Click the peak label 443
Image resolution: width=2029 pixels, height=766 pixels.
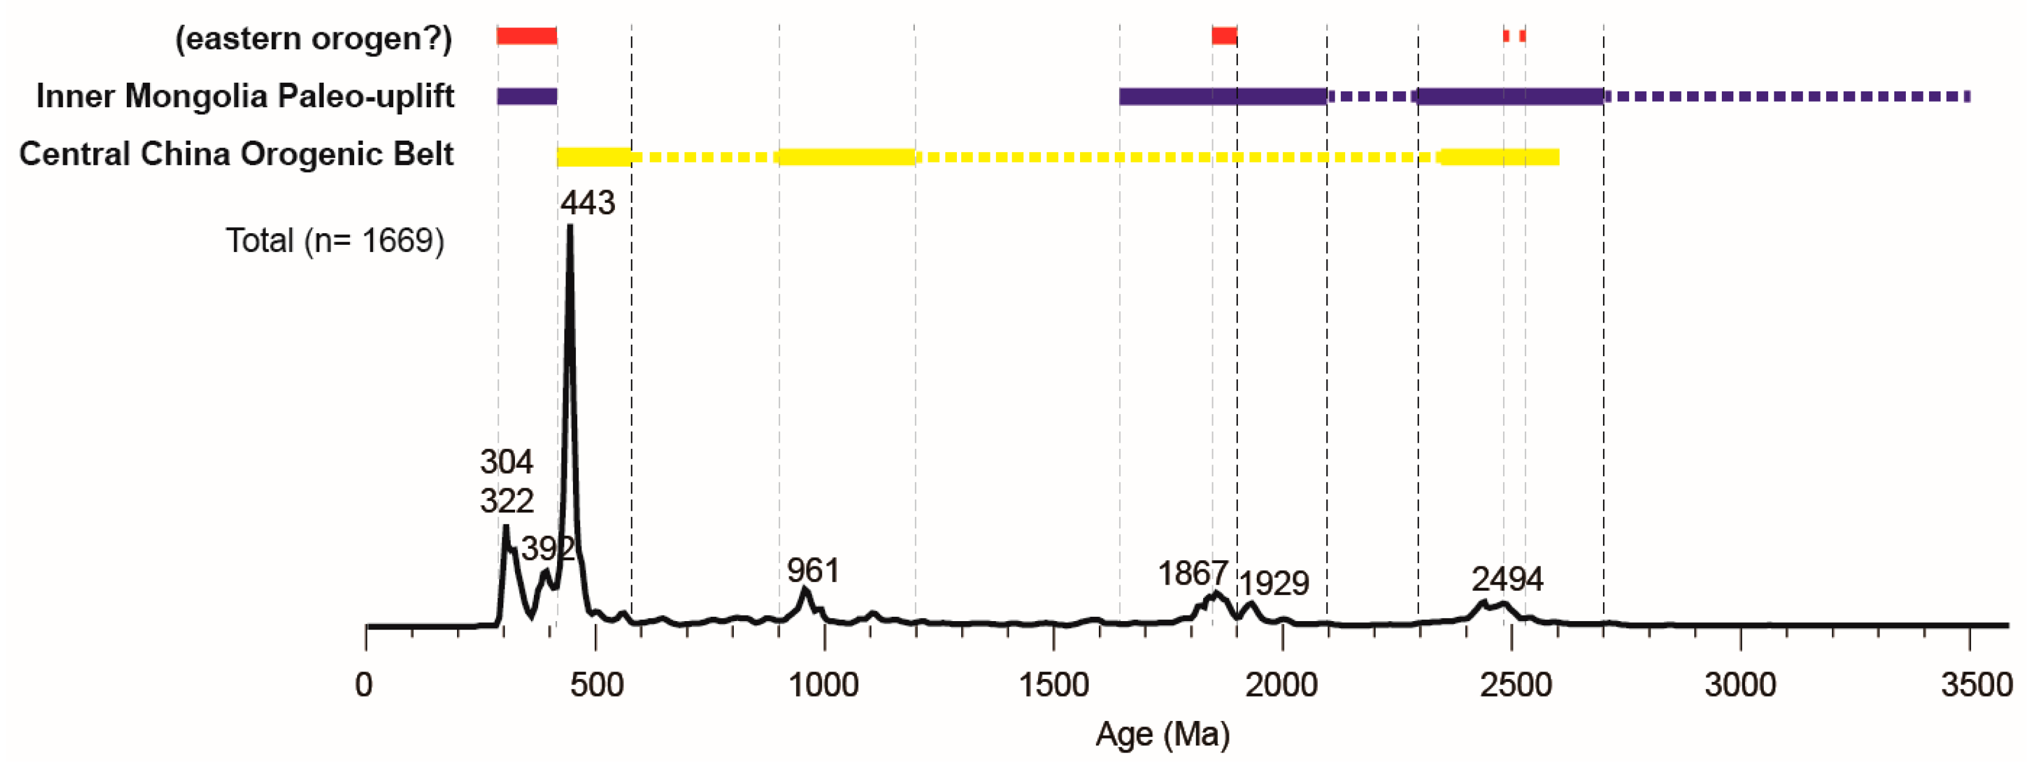pos(588,203)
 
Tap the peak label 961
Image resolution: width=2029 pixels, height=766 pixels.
pos(813,571)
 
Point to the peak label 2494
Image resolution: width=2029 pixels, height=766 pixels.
pos(1507,580)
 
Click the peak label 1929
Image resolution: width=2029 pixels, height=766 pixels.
pos(1274,583)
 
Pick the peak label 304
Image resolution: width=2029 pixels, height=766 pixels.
pos(506,462)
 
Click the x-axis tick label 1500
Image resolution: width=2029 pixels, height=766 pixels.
pos(1054,685)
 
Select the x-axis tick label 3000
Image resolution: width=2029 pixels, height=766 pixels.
pos(1740,685)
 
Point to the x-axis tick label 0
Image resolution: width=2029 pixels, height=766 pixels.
pos(364,685)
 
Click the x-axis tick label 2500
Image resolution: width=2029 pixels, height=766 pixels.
pos(1515,685)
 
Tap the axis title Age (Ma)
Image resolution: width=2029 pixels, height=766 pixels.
pos(1162,734)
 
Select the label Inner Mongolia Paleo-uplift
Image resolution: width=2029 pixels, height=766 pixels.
pos(245,96)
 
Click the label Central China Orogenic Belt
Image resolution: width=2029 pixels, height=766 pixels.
pos(236,154)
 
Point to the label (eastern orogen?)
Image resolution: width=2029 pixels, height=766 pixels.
pos(313,38)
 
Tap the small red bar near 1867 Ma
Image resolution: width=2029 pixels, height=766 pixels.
pos(1223,35)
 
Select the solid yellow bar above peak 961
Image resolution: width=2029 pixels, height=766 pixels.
pos(847,156)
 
